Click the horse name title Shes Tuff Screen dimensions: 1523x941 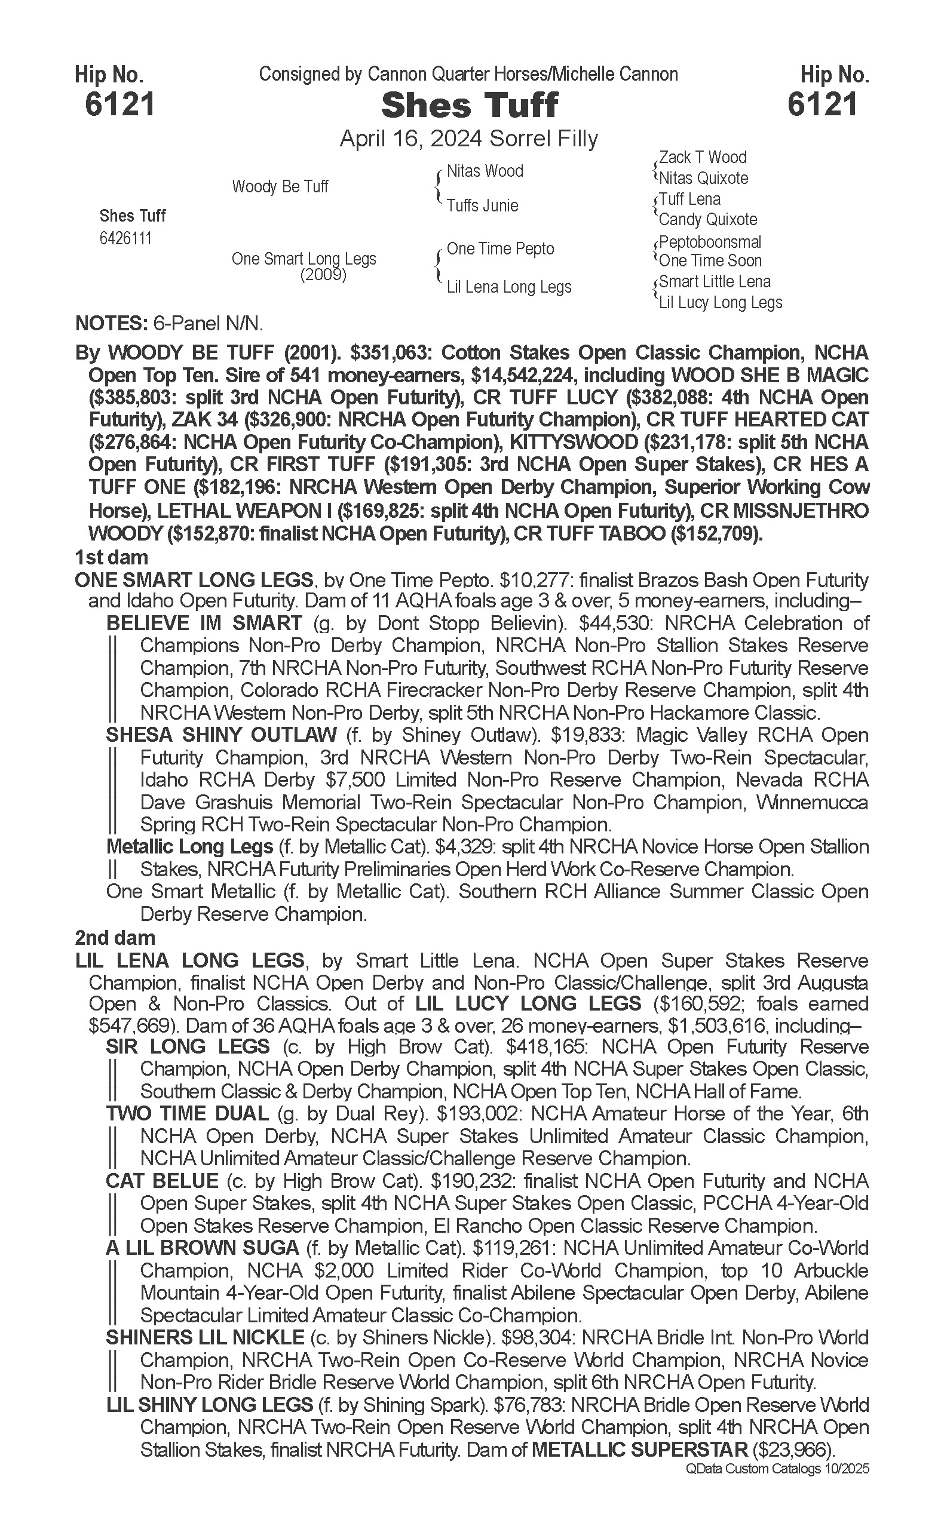click(469, 106)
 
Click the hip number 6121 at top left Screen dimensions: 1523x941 click(119, 105)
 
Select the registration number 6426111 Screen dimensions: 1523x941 click(125, 239)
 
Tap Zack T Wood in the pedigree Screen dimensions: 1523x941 click(703, 158)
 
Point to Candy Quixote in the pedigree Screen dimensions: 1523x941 click(707, 220)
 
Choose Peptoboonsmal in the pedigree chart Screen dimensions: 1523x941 click(710, 242)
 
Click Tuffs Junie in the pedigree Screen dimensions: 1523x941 click(482, 206)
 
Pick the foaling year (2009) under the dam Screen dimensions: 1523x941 click(323, 275)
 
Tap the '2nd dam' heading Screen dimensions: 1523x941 click(115, 938)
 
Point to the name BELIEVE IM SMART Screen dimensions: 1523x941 click(204, 624)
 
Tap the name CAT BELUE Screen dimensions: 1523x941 click(163, 1181)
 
